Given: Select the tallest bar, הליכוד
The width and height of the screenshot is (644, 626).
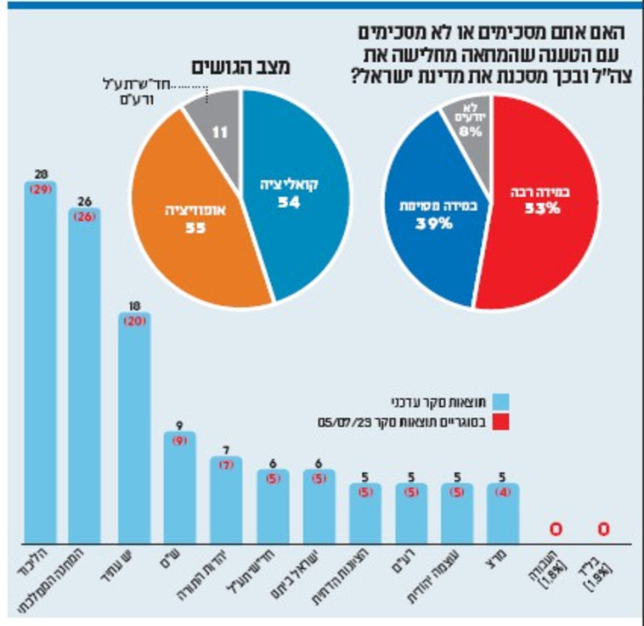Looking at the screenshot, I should (40, 365).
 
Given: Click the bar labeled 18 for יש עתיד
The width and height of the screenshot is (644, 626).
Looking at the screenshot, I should (133, 425).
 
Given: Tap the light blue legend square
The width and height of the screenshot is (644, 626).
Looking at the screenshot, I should (502, 399).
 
